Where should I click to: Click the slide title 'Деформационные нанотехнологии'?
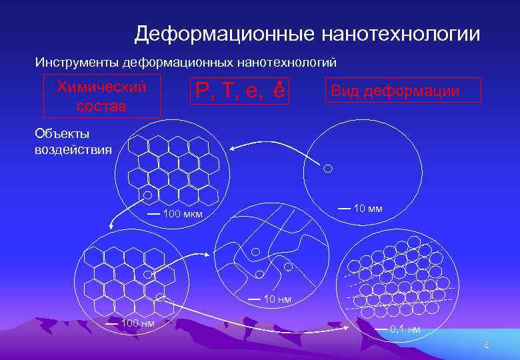tap(307, 34)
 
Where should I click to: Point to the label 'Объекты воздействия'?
tap(73, 141)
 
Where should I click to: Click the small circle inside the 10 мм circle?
tap(327, 169)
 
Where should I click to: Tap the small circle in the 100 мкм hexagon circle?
tap(148, 195)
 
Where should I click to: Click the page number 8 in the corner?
tap(487, 345)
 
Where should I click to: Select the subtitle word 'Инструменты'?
tap(78, 63)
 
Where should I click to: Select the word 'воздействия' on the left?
tap(73, 149)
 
